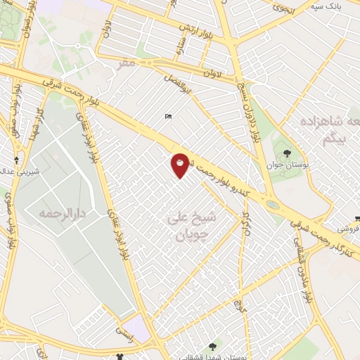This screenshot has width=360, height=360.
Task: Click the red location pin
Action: click(180, 164)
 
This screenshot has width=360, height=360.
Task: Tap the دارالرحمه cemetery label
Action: click(48, 212)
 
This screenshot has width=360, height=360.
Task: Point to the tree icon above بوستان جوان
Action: click(285, 152)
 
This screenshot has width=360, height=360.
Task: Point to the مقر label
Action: click(126, 63)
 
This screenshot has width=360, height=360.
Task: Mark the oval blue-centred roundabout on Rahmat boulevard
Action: click(272, 205)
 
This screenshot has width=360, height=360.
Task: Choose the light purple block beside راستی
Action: click(141, 327)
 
